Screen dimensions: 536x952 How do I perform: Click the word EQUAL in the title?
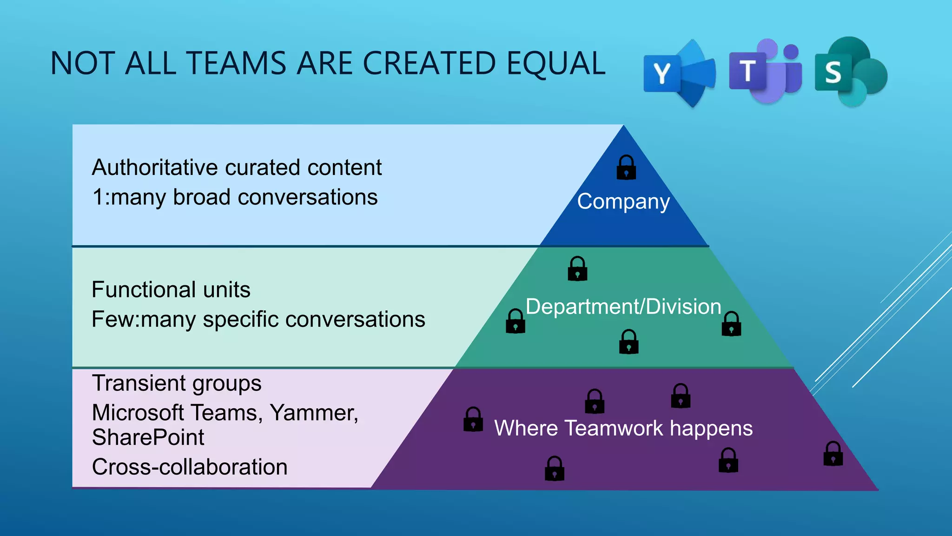coord(555,63)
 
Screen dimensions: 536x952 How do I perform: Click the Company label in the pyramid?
coord(623,201)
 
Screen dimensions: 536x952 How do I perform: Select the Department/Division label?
coord(623,307)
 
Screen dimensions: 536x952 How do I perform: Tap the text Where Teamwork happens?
coord(623,428)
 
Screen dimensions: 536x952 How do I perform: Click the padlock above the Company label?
coord(626,167)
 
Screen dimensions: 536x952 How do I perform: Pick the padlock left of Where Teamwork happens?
coord(473,419)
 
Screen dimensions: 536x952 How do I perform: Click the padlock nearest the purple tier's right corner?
coord(833,454)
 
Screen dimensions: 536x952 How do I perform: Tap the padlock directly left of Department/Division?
coord(516,321)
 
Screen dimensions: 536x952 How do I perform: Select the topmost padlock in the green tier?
coord(577,268)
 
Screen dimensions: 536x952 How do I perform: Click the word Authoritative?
coord(155,167)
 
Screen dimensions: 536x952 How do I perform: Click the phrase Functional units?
coord(171,290)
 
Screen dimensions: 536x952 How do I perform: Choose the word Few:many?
coord(143,320)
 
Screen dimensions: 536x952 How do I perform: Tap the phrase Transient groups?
coord(177,383)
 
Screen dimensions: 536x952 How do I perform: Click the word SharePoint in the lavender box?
coord(148,437)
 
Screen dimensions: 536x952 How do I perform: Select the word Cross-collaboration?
coord(190,467)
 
